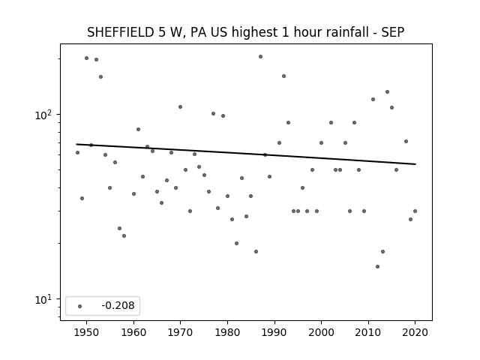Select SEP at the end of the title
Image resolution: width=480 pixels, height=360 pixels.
click(393, 32)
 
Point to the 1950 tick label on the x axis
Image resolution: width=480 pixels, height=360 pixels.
click(86, 332)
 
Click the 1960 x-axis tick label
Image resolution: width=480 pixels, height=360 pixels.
click(133, 332)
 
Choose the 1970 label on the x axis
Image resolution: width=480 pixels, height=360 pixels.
click(180, 332)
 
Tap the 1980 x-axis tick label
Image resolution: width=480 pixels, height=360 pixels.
click(227, 332)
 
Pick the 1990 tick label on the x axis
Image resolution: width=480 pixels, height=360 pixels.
click(274, 332)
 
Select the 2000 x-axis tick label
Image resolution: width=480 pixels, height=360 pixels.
click(321, 332)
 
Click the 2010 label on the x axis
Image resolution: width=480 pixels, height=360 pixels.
click(368, 332)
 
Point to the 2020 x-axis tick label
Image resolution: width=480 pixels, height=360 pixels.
click(415, 332)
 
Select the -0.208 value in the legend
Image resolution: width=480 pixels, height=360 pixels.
click(118, 305)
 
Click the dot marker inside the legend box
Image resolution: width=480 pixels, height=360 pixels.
click(80, 306)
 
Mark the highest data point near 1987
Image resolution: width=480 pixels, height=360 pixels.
click(260, 57)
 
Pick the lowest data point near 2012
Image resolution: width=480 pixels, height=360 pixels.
click(377, 267)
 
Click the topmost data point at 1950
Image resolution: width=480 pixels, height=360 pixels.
click(87, 58)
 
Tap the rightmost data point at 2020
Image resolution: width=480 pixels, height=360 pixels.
click(415, 211)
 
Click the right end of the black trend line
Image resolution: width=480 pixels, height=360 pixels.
click(415, 164)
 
